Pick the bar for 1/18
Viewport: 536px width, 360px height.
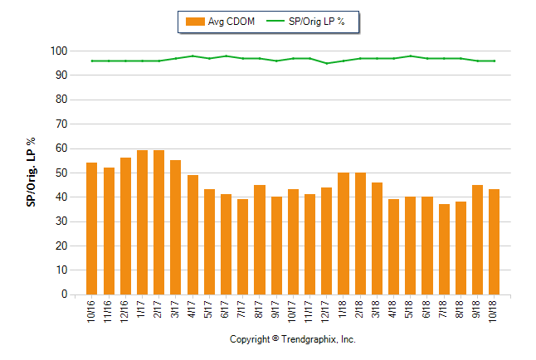click(344, 233)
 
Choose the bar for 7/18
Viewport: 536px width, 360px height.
click(444, 249)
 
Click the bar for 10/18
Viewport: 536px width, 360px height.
click(495, 241)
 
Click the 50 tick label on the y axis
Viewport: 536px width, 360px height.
click(61, 173)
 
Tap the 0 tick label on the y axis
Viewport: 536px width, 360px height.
click(63, 294)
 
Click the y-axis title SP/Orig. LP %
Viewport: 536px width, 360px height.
click(32, 173)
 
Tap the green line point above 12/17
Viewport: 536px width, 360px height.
click(327, 63)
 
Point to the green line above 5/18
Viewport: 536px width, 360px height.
click(411, 56)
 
